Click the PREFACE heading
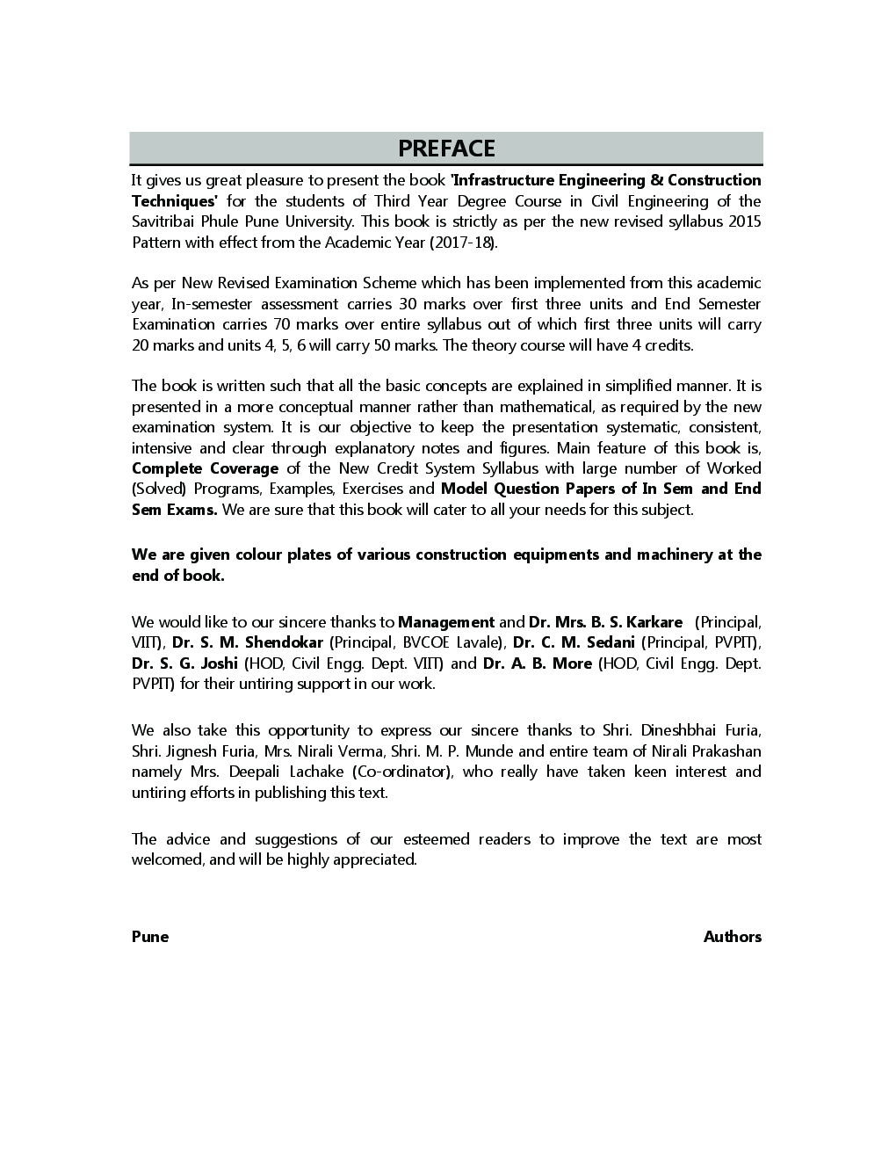pos(446,149)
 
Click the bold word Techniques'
pos(174,201)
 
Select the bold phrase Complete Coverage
pos(205,468)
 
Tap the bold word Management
pos(446,622)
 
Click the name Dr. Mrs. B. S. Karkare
pos(605,622)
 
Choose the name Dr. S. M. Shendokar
pos(248,642)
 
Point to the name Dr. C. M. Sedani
pos(574,642)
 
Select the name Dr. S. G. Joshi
pos(184,663)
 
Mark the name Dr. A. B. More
pos(538,663)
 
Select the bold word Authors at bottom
pos(732,937)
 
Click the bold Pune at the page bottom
pos(150,937)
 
